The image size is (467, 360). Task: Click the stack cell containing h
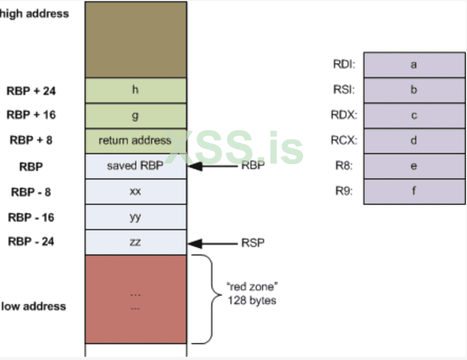pos(135,90)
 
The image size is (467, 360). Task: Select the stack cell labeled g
pos(135,116)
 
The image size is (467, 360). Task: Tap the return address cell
pos(135,140)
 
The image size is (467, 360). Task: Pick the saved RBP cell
pos(135,166)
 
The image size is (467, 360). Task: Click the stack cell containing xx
pos(135,192)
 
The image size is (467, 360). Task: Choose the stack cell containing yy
pos(135,217)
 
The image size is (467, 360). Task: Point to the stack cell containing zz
pos(135,242)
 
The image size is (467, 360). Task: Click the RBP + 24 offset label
pos(31,91)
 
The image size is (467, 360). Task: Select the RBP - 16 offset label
pos(31,217)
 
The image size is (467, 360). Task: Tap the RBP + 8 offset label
pos(31,140)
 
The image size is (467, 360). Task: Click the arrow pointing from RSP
pos(213,243)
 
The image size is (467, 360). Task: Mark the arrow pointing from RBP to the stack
pos(213,166)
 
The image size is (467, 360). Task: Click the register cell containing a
pos(414,65)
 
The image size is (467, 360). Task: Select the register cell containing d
pos(414,141)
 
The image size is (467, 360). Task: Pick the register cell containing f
pos(414,191)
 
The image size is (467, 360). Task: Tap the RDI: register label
pos(344,65)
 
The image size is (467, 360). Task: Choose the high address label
pos(34,14)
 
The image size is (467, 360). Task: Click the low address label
pos(33,306)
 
